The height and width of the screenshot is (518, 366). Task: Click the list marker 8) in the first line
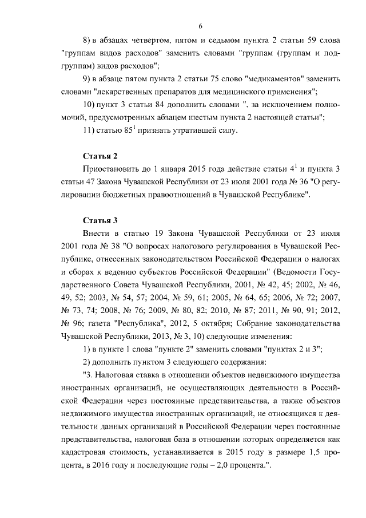[88, 41]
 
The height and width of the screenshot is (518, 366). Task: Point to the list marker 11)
[90, 131]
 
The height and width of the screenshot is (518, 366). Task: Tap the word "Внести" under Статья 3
[96, 234]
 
